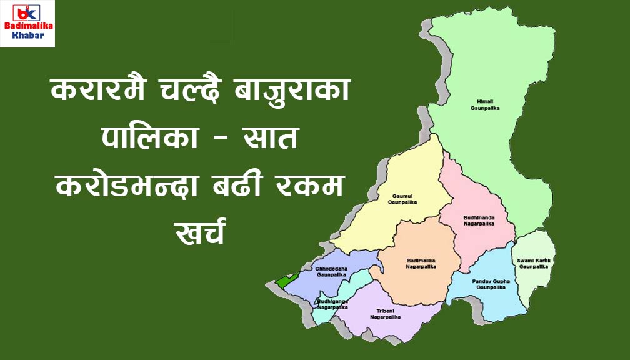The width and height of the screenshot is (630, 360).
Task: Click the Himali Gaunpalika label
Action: point(485,104)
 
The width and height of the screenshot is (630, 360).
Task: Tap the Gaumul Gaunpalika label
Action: point(402,199)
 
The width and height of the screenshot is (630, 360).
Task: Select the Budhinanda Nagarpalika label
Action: point(479,220)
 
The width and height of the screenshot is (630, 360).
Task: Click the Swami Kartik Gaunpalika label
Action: point(533,263)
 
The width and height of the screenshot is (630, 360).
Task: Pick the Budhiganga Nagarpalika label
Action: point(332,304)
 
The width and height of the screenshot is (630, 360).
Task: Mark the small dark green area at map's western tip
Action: point(284,281)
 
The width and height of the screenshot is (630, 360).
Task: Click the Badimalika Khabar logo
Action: point(27,24)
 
